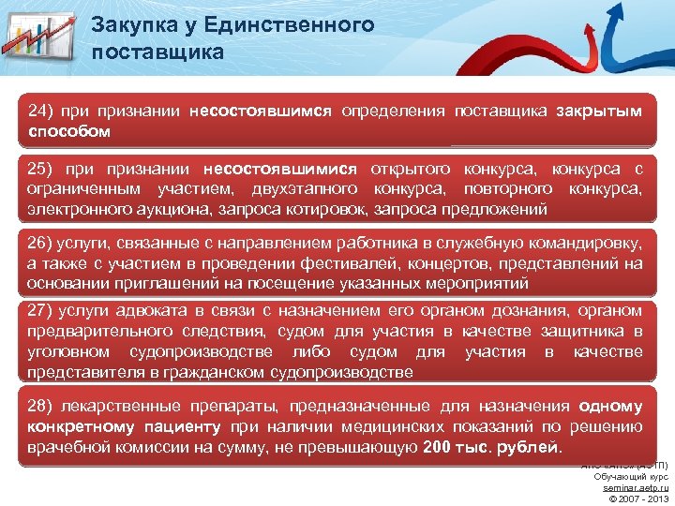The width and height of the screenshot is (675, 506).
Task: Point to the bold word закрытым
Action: (598, 112)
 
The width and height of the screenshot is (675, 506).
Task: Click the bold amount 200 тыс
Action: (456, 447)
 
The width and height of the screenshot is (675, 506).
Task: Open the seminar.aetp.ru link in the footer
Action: (636, 487)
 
